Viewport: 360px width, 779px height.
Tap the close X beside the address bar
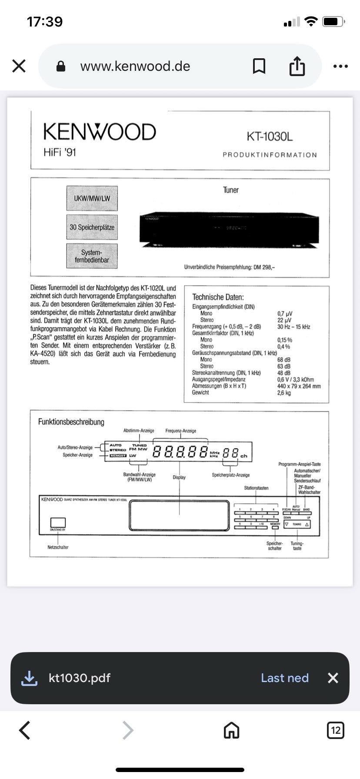[19, 66]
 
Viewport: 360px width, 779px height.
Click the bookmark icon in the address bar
[259, 67]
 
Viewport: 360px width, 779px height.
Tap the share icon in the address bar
[297, 66]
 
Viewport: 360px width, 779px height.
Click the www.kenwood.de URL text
[135, 66]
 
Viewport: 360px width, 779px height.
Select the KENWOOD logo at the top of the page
[100, 132]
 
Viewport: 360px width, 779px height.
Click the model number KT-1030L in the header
[270, 136]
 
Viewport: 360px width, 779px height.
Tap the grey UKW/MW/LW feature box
[92, 198]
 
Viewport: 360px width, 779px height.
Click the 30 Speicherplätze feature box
[92, 227]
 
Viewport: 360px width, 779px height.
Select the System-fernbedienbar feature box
[92, 256]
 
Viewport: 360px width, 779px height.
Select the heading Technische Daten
[218, 297]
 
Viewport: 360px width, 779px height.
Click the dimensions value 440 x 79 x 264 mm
[299, 386]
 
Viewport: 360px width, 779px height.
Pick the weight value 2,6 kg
[284, 393]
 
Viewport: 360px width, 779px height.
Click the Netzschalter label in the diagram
[58, 547]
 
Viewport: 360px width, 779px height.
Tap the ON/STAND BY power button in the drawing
[58, 523]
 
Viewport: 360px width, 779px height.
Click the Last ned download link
[285, 678]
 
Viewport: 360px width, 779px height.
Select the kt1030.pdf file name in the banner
[80, 678]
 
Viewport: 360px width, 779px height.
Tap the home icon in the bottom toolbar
[231, 730]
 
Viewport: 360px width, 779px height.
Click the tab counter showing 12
[335, 730]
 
